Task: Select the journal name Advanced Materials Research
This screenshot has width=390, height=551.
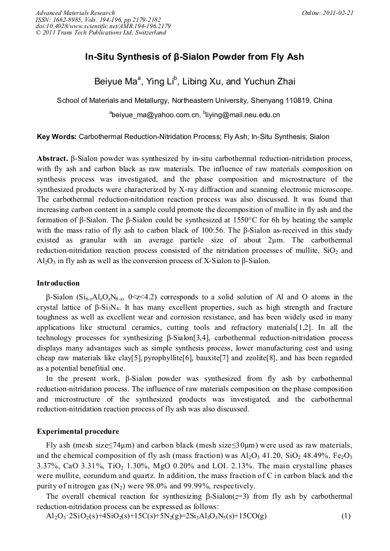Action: (75, 13)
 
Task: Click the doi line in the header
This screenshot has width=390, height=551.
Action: (103, 26)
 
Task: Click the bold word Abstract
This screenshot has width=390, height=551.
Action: (52, 157)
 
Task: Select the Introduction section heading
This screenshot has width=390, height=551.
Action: (58, 283)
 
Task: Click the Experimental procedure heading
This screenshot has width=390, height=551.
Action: (78, 431)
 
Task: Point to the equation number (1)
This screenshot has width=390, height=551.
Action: (346, 516)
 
